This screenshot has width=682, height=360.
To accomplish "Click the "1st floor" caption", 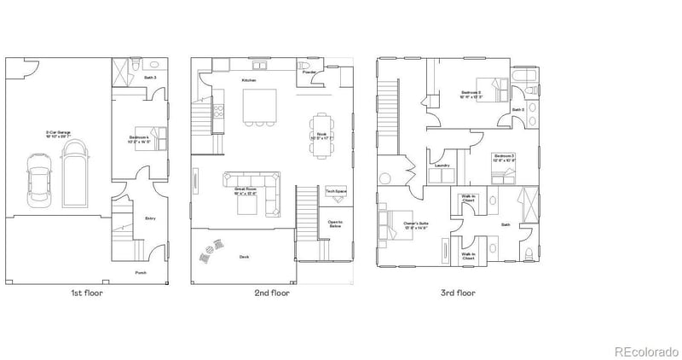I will coord(88,293).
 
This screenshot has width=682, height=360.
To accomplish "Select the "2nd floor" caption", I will coord(271,293).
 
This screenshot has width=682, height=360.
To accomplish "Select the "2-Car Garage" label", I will coord(58,132).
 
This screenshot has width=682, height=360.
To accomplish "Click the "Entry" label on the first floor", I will coord(150,218).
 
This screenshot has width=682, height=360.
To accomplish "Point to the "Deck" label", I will coord(244,256).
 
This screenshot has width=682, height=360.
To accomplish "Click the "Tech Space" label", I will coord(335,191).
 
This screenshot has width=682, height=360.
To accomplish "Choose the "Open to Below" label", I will coord(335,224).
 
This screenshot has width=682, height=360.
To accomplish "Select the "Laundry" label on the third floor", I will coord(442,165).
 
